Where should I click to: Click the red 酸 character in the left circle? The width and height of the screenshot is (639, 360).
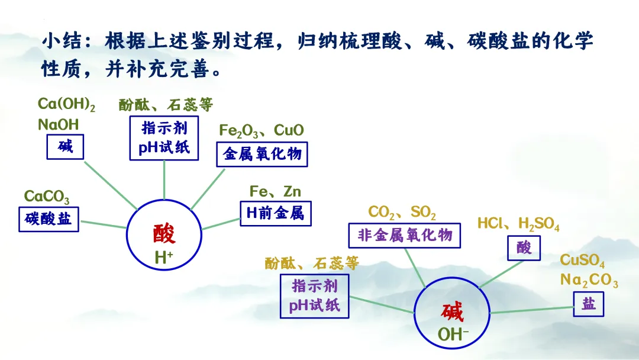(164, 234)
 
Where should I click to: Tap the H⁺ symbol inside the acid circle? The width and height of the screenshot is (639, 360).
(164, 258)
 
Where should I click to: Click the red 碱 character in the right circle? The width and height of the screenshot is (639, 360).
(452, 312)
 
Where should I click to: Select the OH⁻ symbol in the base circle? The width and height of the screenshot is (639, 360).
(453, 335)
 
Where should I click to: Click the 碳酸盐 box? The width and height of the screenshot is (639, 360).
(49, 219)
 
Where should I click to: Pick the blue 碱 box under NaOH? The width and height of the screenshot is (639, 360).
(65, 147)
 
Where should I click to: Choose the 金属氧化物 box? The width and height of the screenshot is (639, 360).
(262, 154)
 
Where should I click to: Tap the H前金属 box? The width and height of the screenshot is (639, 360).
(276, 213)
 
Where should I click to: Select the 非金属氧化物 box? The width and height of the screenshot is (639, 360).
(404, 235)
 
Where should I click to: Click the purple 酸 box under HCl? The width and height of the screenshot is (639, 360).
(524, 248)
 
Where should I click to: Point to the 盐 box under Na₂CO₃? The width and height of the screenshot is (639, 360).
(589, 304)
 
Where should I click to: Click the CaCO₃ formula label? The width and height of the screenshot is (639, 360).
(47, 197)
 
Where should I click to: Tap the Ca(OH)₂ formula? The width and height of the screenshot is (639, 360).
(66, 104)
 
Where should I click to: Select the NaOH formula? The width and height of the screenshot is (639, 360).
(58, 124)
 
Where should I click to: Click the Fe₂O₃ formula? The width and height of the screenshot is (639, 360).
(238, 131)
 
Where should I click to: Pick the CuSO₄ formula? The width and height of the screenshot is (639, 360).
(582, 260)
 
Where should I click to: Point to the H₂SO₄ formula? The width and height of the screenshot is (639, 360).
(539, 223)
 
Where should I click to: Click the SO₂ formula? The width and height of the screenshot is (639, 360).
(423, 212)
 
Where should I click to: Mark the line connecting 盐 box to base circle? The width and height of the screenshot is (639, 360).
(531, 310)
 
